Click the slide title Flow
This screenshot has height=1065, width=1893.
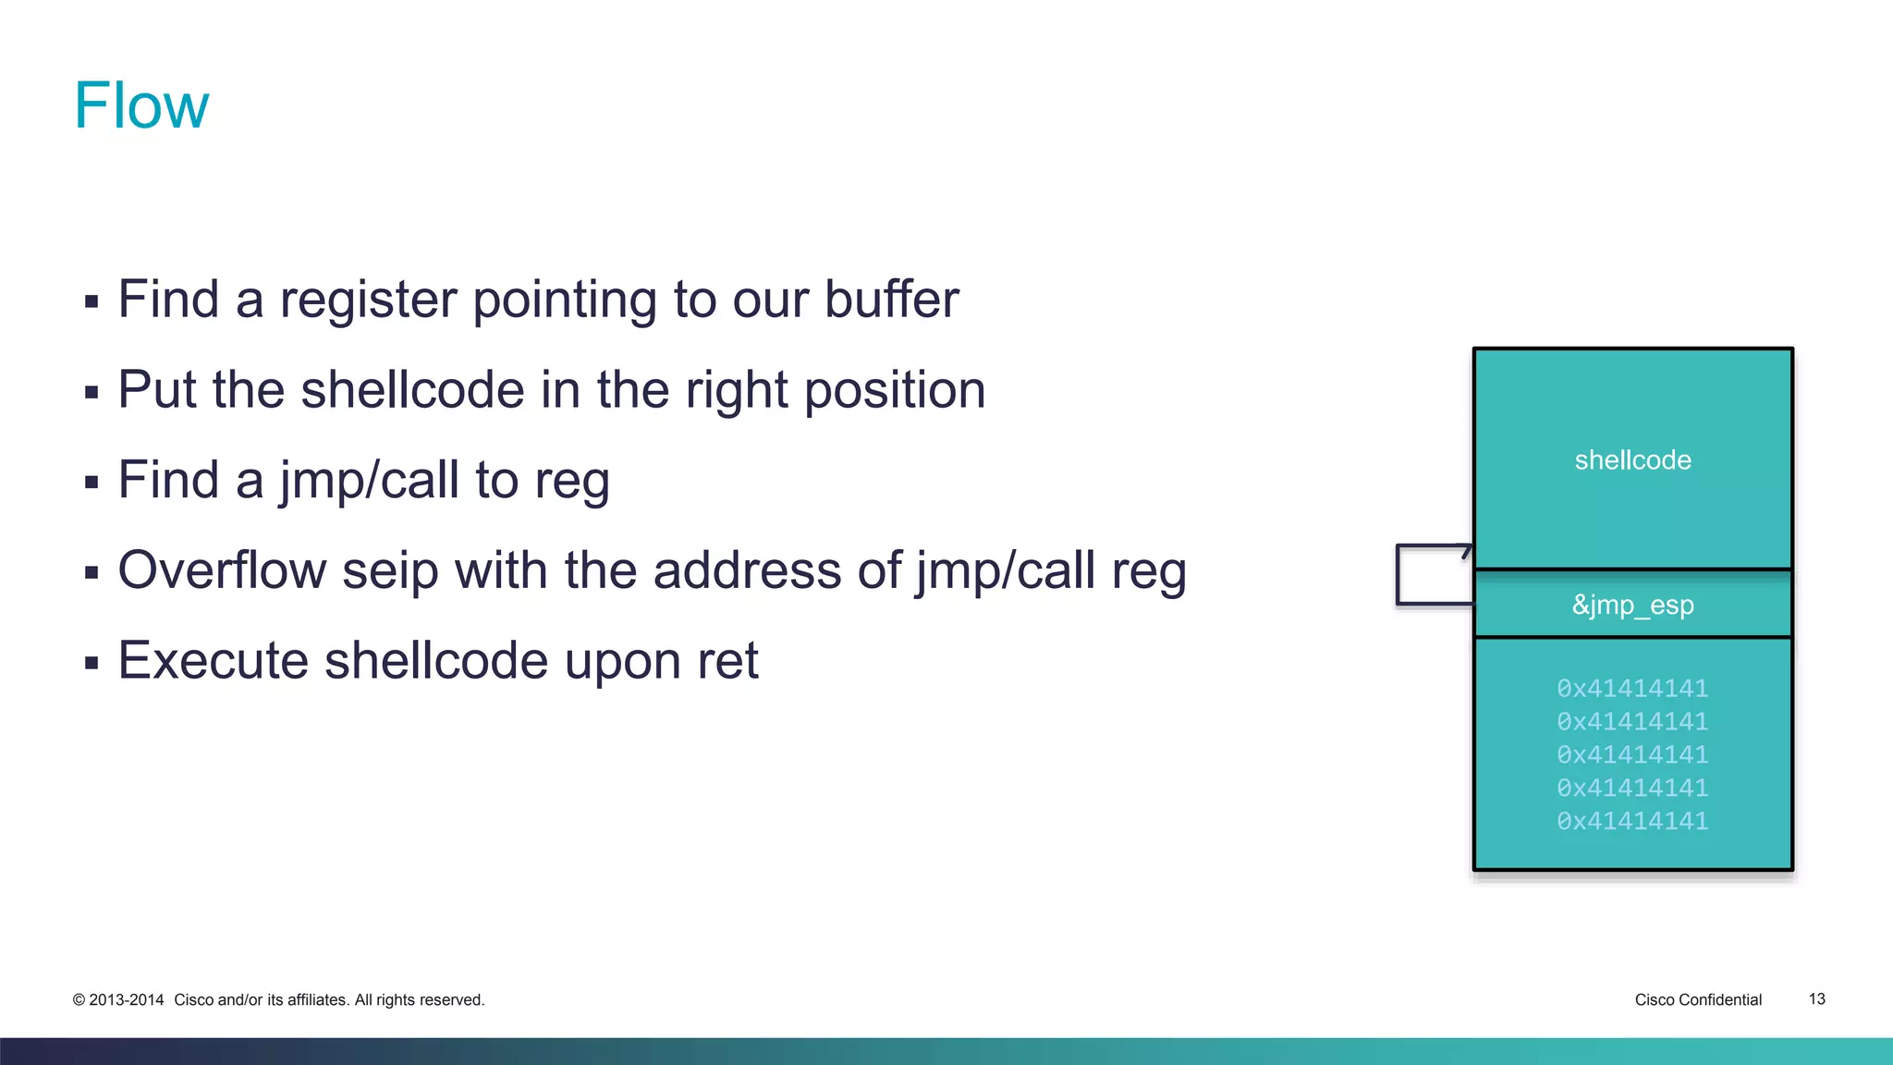pyautogui.click(x=141, y=105)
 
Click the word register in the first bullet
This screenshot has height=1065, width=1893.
pyautogui.click(x=368, y=300)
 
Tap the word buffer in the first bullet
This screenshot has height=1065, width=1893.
pyautogui.click(x=891, y=300)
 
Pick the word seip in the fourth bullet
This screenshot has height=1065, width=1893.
pyautogui.click(x=390, y=570)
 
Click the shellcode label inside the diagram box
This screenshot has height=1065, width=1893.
pyautogui.click(x=1632, y=460)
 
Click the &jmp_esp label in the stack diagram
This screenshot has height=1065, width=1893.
pyautogui.click(x=1632, y=606)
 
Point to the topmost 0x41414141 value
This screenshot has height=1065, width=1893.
pyautogui.click(x=1632, y=689)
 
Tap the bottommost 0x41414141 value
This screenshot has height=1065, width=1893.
pyautogui.click(x=1632, y=821)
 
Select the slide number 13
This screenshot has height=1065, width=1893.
pyautogui.click(x=1816, y=999)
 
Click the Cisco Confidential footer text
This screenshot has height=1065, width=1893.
pyautogui.click(x=1698, y=1000)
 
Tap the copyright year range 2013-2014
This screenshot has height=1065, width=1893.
pyautogui.click(x=127, y=1000)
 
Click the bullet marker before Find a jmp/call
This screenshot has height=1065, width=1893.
pyautogui.click(x=92, y=483)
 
